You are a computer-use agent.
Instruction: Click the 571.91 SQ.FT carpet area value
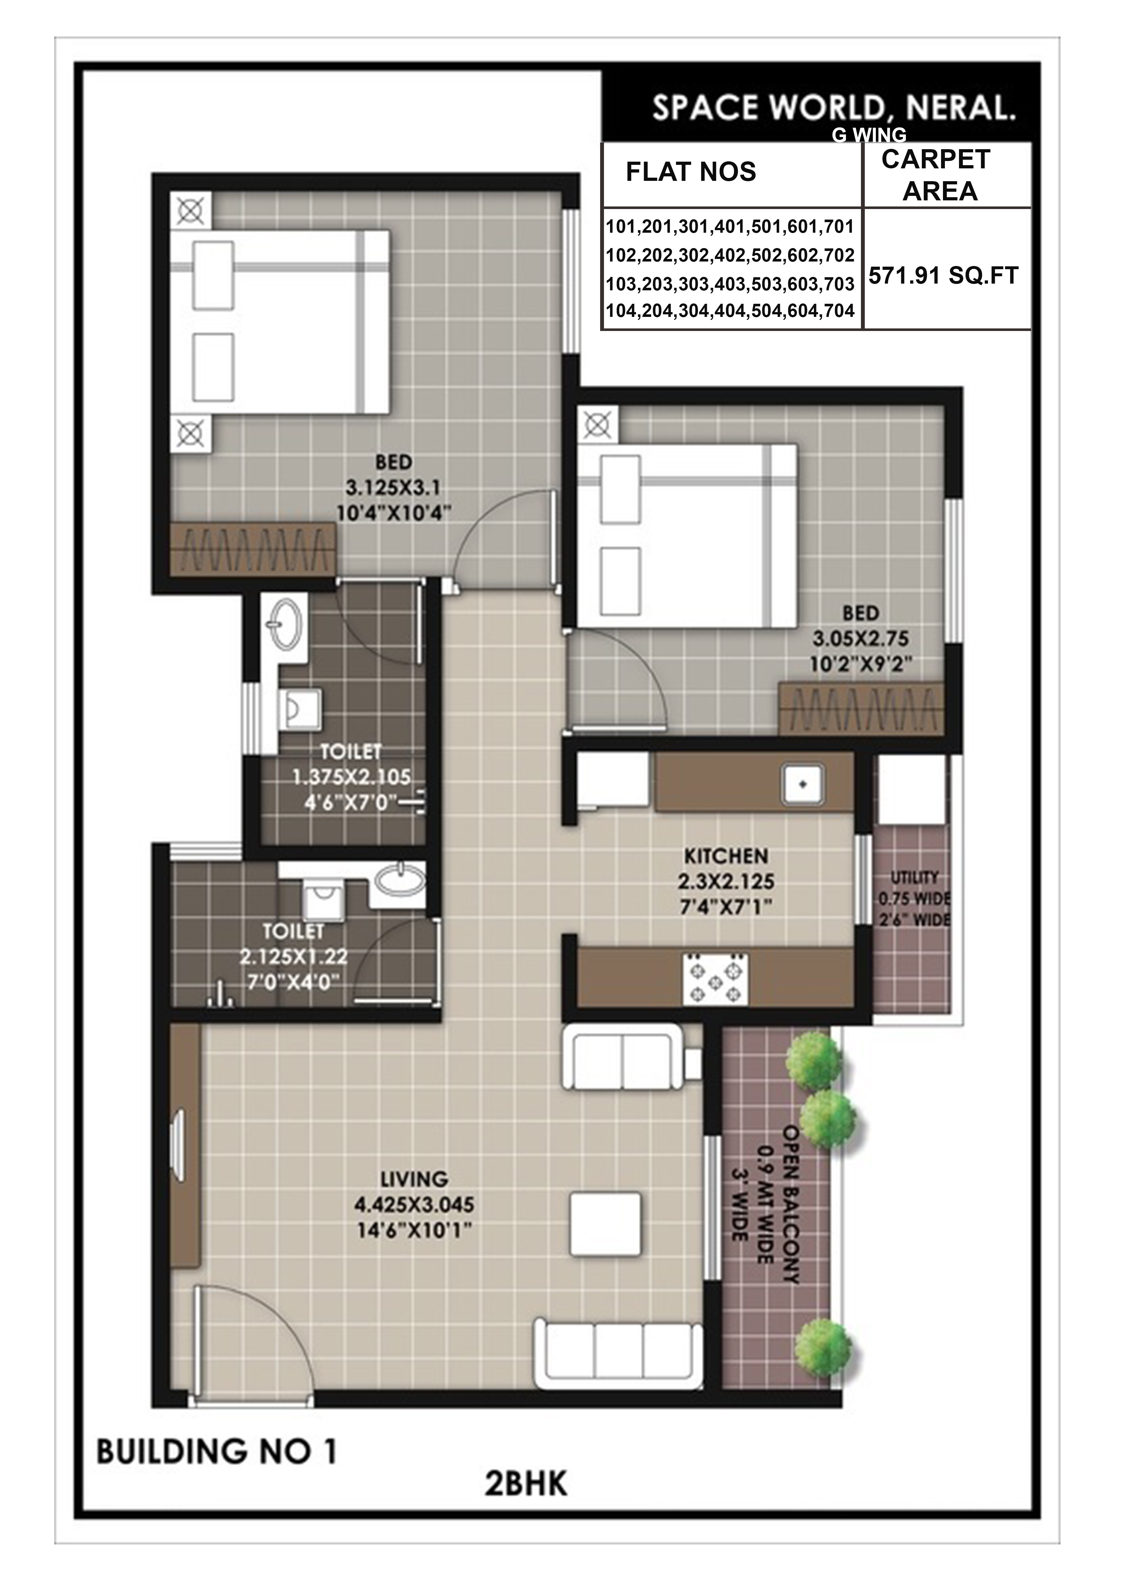click(943, 276)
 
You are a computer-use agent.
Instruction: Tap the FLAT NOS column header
click(691, 172)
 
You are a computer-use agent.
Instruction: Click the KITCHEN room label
click(726, 856)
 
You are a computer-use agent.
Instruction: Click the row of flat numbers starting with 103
click(730, 284)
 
